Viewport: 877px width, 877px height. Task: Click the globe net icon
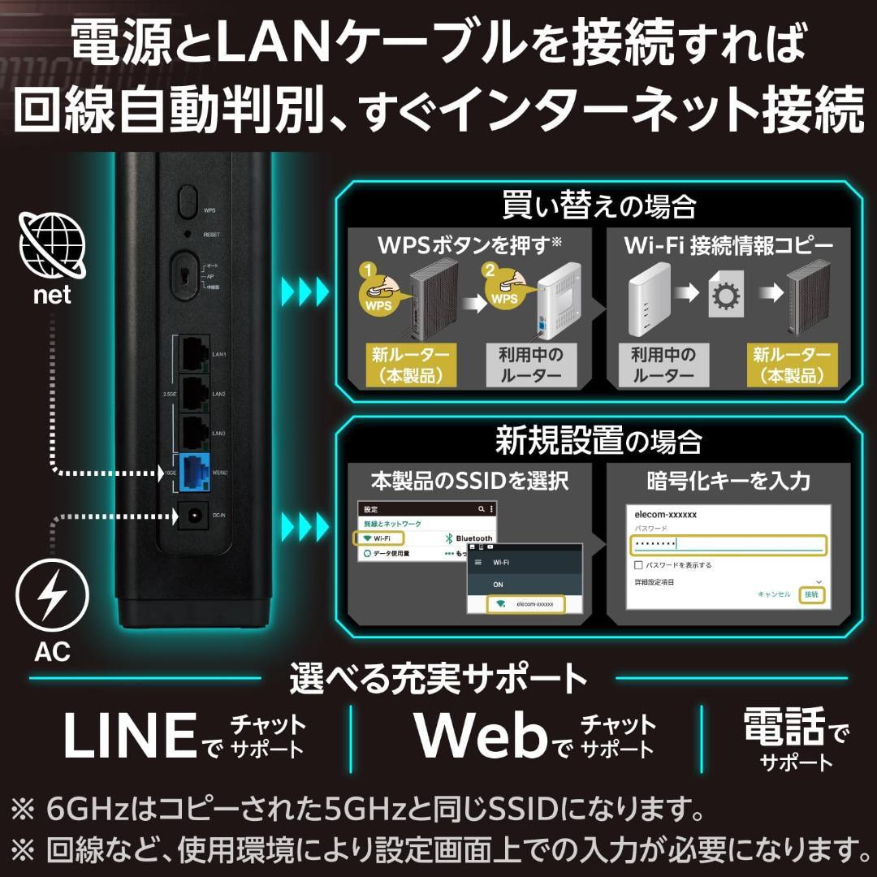point(52,241)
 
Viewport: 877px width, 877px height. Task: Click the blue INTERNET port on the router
point(194,473)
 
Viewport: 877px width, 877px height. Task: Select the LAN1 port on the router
point(194,354)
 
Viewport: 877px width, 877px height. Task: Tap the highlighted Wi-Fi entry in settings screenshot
point(379,538)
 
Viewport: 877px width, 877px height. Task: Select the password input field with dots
point(728,544)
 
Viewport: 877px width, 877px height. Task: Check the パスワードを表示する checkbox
point(638,564)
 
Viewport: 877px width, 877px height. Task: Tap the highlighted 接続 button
point(810,594)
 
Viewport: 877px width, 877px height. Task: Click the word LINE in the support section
point(130,736)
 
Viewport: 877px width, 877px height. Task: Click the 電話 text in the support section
point(784,727)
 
